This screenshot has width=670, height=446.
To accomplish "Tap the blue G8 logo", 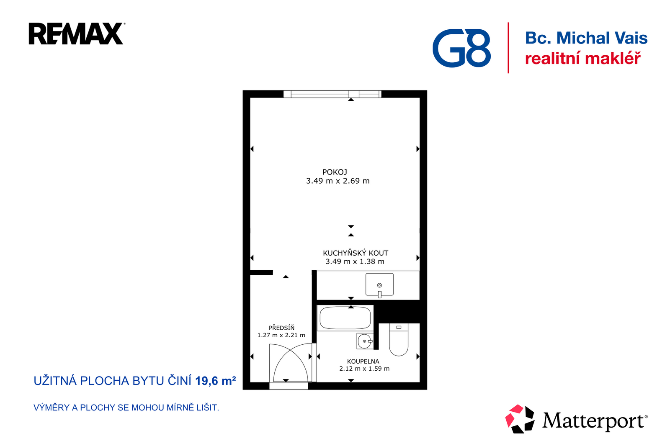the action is [461, 48].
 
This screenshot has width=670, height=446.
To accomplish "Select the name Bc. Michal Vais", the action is [586, 38].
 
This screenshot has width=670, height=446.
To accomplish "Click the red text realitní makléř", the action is [583, 58].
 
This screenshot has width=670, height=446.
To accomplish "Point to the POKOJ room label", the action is [335, 172].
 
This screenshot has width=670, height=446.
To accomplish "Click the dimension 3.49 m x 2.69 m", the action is [338, 181].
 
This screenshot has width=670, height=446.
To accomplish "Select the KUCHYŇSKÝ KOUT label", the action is [356, 253].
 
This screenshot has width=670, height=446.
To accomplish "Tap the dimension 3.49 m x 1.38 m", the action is [355, 261].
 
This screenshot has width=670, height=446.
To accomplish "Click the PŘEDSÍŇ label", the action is [281, 328].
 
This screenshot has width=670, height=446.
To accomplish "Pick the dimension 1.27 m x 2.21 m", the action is [281, 335].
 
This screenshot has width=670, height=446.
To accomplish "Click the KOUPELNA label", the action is [363, 361].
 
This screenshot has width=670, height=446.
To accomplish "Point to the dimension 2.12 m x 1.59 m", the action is [364, 369].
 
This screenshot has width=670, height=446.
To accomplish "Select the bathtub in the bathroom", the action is [345, 318].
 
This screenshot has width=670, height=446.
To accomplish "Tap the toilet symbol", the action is [398, 340].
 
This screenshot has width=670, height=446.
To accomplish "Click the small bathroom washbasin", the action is [365, 341].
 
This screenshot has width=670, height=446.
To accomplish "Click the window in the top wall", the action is [332, 94].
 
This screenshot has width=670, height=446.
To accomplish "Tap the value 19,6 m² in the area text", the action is [215, 381].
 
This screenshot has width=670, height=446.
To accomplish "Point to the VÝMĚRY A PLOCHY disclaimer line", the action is [126, 408].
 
